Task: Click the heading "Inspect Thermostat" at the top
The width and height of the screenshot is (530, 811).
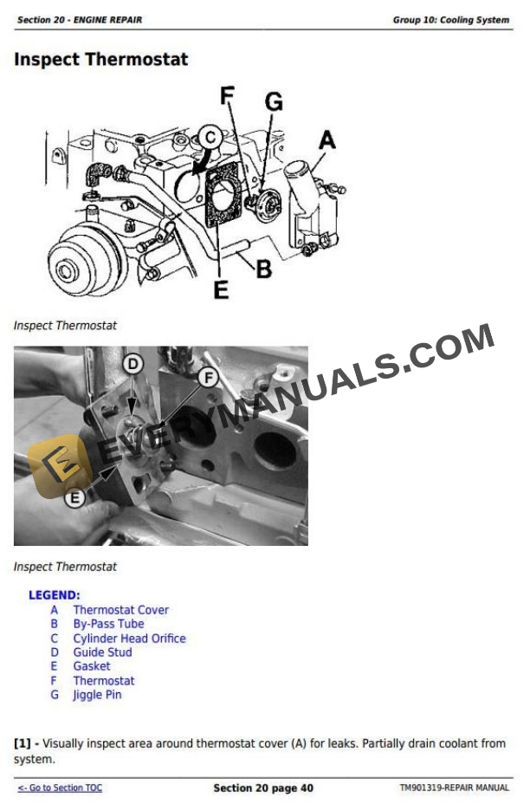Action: click(100, 60)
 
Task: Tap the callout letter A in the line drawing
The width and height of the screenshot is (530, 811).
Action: click(326, 140)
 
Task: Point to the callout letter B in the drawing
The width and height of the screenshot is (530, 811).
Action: click(264, 269)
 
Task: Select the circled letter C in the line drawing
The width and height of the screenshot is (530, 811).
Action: click(210, 138)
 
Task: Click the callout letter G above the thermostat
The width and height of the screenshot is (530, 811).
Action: click(274, 101)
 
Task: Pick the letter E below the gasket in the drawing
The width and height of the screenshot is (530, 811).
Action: click(222, 289)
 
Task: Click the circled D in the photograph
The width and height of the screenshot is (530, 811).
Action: click(133, 364)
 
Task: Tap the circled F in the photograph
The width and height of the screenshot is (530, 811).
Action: click(209, 378)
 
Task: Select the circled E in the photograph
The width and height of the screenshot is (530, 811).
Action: click(75, 498)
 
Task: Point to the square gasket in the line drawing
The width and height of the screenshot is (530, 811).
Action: click(223, 195)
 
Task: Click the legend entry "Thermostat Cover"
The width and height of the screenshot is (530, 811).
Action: click(121, 610)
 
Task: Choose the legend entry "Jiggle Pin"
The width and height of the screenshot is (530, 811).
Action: click(97, 695)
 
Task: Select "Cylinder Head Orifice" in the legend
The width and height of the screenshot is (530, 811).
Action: click(129, 639)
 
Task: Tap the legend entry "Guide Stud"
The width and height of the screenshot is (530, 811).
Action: click(102, 652)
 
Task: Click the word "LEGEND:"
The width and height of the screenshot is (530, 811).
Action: click(55, 595)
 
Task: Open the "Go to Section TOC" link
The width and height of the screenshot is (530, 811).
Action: click(60, 788)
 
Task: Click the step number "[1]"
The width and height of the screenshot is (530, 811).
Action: click(23, 743)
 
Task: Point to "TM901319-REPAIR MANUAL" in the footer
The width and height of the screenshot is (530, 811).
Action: click(455, 788)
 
